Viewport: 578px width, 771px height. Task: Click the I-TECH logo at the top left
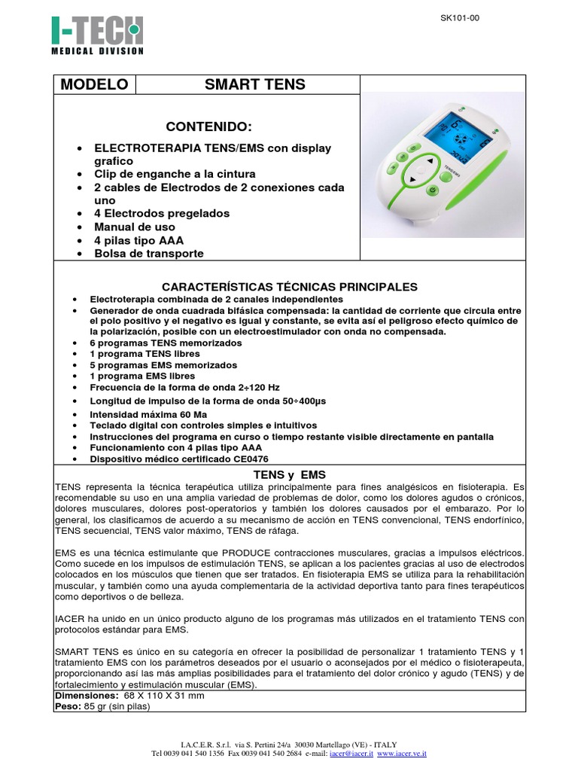(x=96, y=35)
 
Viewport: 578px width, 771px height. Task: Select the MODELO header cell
(x=94, y=84)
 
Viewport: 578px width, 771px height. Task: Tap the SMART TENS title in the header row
(x=254, y=84)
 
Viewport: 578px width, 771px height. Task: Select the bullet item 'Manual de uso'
(x=134, y=227)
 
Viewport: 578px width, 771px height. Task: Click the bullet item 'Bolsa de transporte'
(x=148, y=253)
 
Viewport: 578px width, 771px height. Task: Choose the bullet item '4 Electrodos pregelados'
(x=161, y=213)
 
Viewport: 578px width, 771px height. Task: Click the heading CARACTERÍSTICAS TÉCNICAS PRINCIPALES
(x=290, y=288)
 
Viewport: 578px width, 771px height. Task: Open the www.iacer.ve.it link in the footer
(x=402, y=752)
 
